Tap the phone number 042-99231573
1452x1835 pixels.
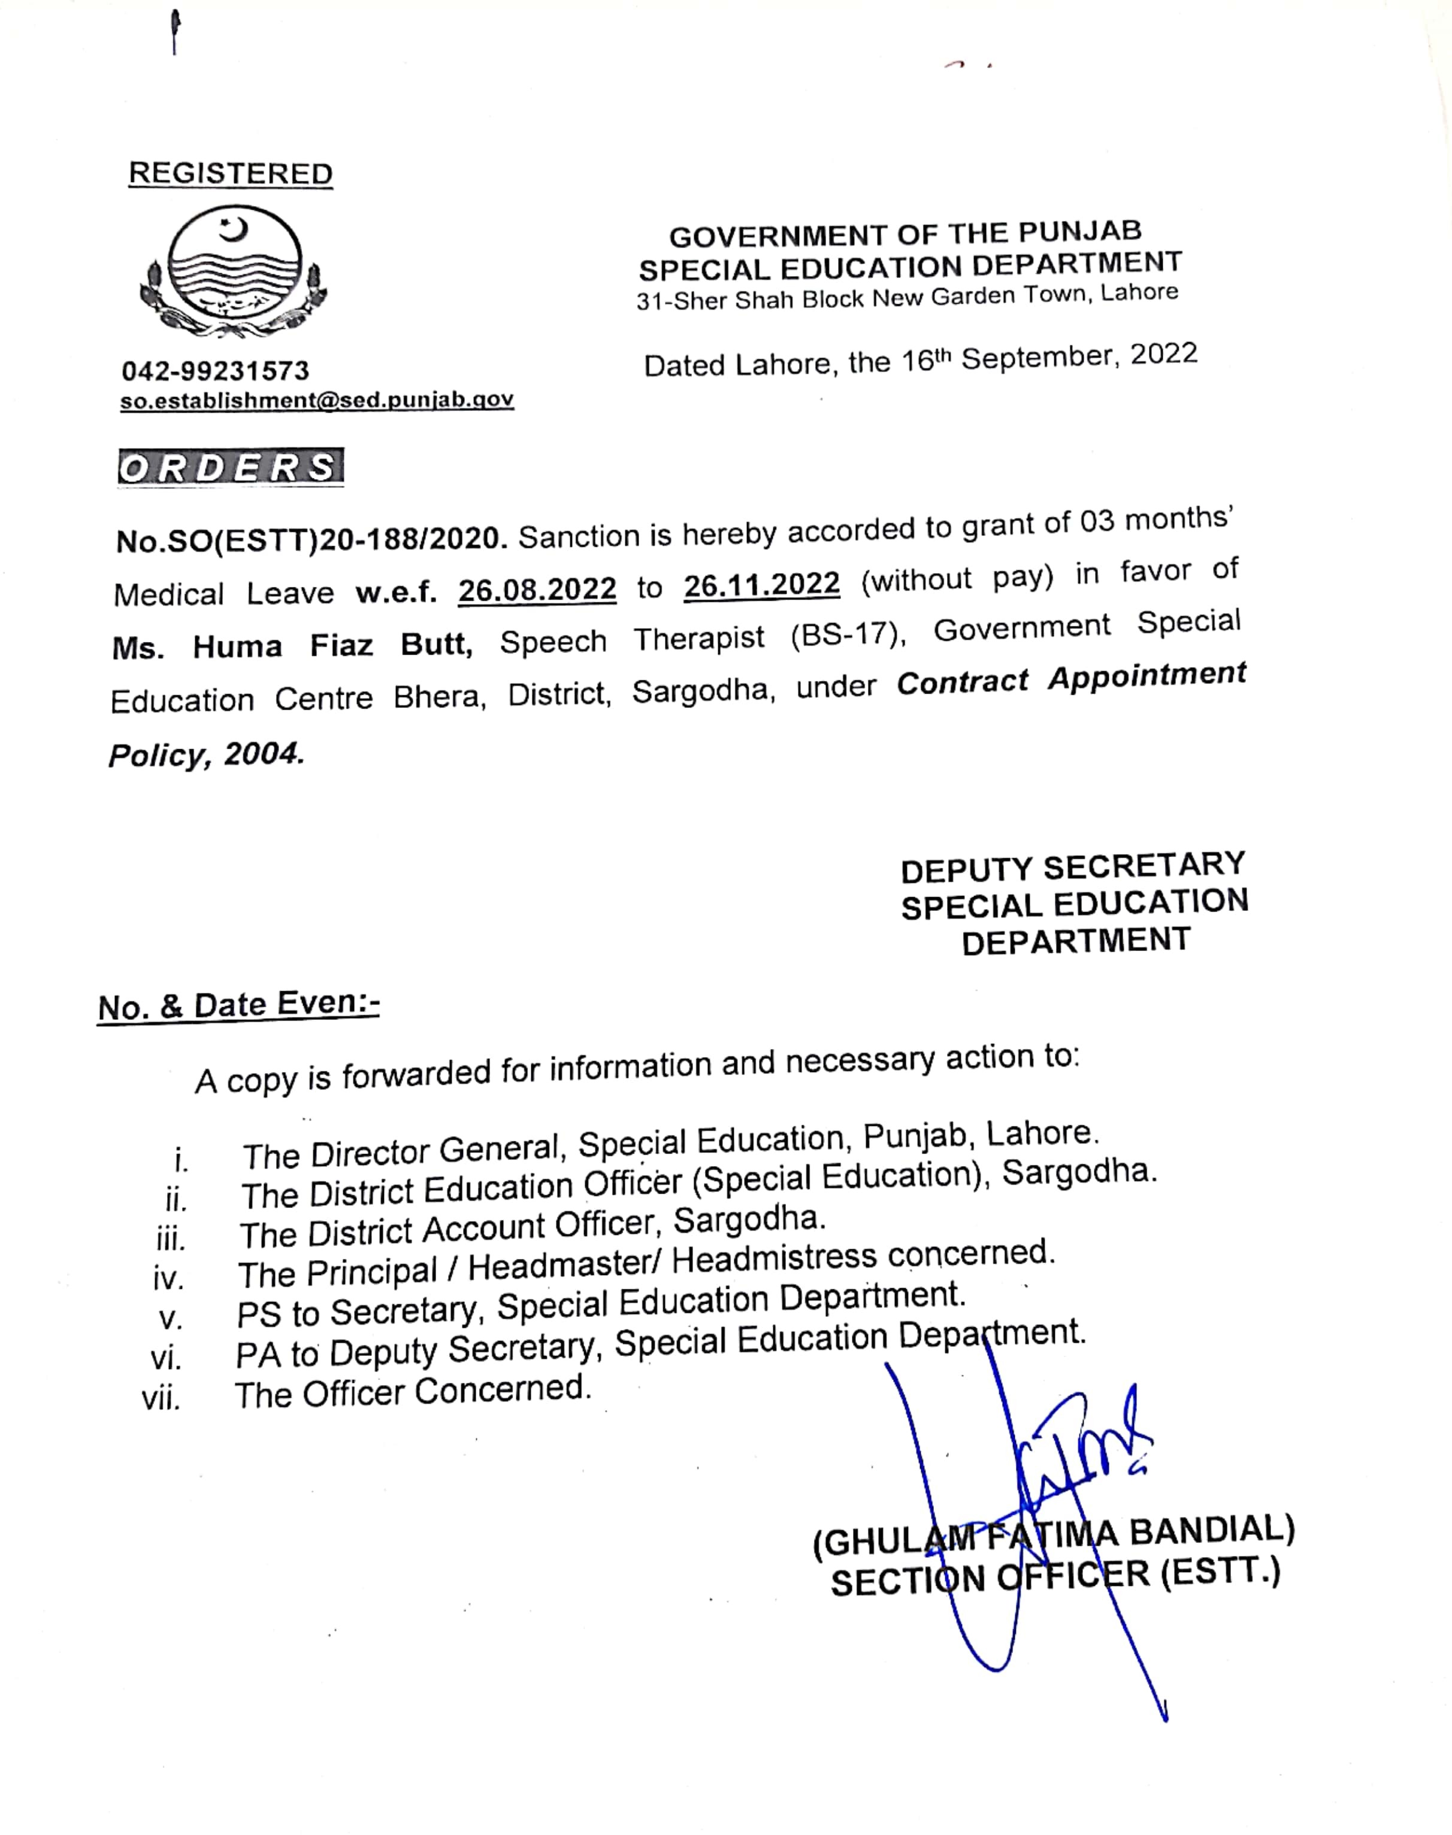tap(216, 371)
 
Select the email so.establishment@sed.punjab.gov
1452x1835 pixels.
tap(316, 399)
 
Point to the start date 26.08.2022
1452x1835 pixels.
tap(537, 589)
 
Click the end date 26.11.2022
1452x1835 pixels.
tap(762, 584)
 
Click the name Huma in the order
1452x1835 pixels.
tap(237, 647)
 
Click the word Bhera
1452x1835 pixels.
tap(438, 697)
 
